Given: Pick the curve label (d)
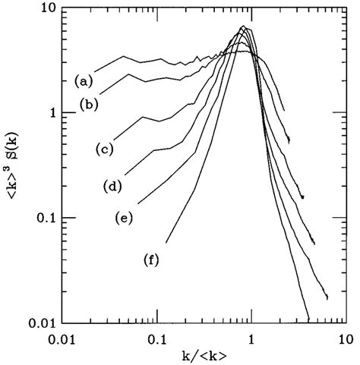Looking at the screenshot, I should (x=113, y=185).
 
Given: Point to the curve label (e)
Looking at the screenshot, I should (x=124, y=218).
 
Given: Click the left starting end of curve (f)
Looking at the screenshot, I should (x=166, y=243).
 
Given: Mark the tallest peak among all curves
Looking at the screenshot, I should (x=243, y=27).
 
